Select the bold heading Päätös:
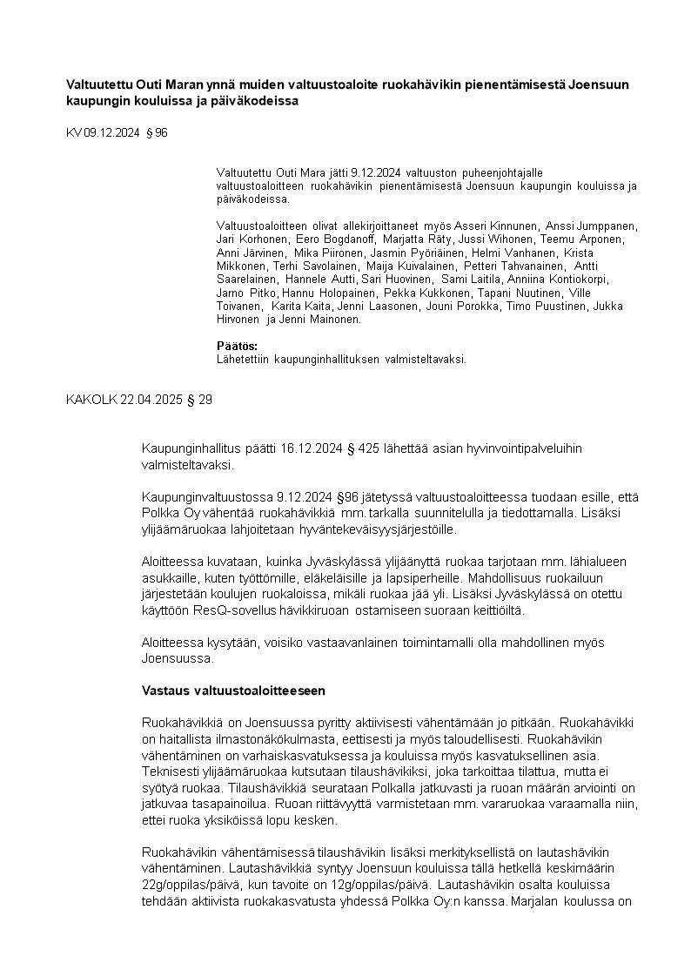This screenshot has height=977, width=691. (231, 346)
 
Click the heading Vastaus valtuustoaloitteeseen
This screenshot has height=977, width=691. (233, 691)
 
